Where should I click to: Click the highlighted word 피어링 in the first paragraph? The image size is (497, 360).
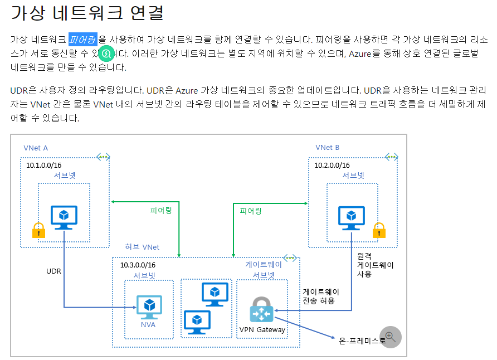pyautogui.click(x=83, y=39)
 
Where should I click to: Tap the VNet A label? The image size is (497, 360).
pyautogui.click(x=36, y=148)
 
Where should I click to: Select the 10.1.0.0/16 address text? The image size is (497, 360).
pyautogui.click(x=43, y=165)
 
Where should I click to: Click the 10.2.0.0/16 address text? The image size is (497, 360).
pyautogui.click(x=332, y=165)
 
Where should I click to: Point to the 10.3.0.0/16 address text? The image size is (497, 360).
pyautogui.click(x=138, y=265)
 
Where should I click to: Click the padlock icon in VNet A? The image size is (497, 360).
pyautogui.click(x=38, y=230)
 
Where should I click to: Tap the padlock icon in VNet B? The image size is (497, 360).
pyautogui.click(x=379, y=230)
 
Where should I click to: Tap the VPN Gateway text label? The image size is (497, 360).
pyautogui.click(x=262, y=329)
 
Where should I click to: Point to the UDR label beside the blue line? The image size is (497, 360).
pyautogui.click(x=53, y=271)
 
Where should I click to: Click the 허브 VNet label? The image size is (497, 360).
pyautogui.click(x=142, y=247)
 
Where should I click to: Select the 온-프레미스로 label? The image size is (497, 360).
pyautogui.click(x=362, y=340)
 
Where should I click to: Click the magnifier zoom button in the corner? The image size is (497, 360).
pyautogui.click(x=390, y=337)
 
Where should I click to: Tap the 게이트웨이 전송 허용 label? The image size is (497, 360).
pyautogui.click(x=321, y=296)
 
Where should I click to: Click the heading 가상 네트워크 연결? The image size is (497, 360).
pyautogui.click(x=87, y=12)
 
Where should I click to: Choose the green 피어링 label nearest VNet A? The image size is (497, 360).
pyautogui.click(x=161, y=211)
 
